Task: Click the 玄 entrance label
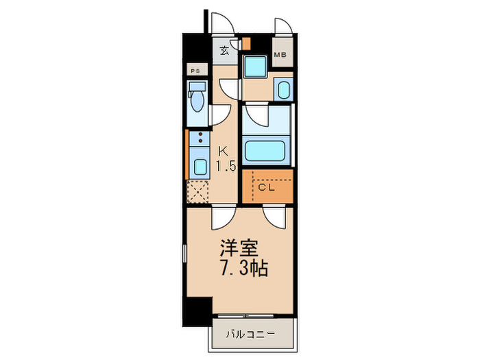tap(224, 50)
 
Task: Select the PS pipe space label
tap(195, 71)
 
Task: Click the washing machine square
tap(256, 68)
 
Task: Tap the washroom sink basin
tap(282, 89)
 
